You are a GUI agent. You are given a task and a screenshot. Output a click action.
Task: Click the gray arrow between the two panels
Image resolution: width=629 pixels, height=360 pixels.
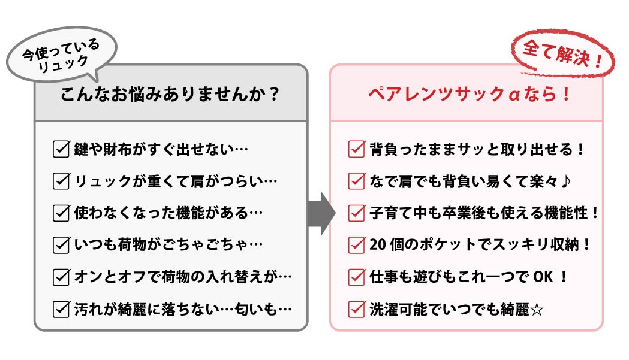(x=321, y=213)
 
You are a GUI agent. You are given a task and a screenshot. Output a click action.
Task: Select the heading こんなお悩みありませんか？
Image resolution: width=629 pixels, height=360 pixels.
(x=170, y=94)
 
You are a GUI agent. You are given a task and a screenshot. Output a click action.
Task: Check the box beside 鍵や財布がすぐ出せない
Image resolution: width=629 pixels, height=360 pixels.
(x=61, y=149)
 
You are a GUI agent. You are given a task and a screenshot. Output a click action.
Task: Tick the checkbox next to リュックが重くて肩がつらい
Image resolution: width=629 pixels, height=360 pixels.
(x=61, y=181)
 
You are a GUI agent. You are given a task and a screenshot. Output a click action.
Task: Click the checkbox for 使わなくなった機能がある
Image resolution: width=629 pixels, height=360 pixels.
(x=61, y=213)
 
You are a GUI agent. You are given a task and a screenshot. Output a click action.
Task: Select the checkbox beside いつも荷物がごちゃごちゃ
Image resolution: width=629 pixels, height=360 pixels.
(x=61, y=244)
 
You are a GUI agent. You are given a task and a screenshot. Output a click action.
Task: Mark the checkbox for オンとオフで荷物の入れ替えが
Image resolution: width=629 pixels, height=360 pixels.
(x=61, y=277)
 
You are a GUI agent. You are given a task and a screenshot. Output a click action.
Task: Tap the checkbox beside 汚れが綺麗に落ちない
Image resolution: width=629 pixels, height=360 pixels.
(x=61, y=309)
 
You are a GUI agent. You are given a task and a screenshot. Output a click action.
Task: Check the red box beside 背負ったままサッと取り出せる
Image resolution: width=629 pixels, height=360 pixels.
(x=357, y=149)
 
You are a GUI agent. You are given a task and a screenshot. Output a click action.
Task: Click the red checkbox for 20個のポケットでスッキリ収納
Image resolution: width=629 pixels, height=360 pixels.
(x=357, y=244)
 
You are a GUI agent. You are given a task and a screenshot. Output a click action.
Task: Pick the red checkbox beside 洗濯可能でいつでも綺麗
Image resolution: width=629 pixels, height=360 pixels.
(x=357, y=309)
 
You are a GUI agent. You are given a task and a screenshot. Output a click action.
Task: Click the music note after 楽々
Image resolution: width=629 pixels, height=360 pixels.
(x=565, y=181)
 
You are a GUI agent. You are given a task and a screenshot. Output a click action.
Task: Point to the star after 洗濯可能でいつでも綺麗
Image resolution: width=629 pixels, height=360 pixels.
(x=537, y=310)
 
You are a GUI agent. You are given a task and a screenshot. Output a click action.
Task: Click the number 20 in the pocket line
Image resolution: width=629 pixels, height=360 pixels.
(x=378, y=244)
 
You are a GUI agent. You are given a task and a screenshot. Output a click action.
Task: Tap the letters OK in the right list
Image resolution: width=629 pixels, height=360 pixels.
(x=543, y=277)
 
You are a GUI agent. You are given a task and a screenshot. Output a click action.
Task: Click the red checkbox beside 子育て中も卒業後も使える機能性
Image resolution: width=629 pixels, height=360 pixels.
(x=357, y=213)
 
